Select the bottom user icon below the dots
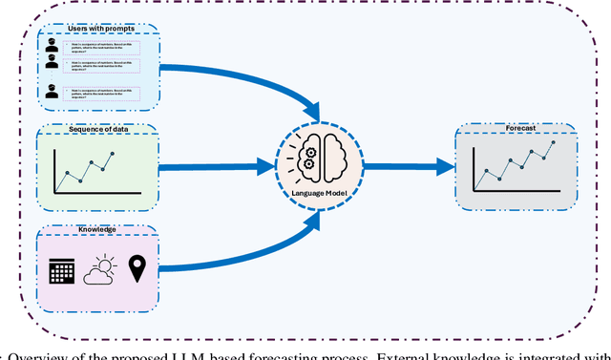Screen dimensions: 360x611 (x=52, y=94)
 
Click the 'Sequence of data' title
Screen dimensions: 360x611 (x=99, y=130)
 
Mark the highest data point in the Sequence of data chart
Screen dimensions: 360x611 (x=112, y=154)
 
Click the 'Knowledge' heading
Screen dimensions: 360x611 (x=99, y=229)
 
